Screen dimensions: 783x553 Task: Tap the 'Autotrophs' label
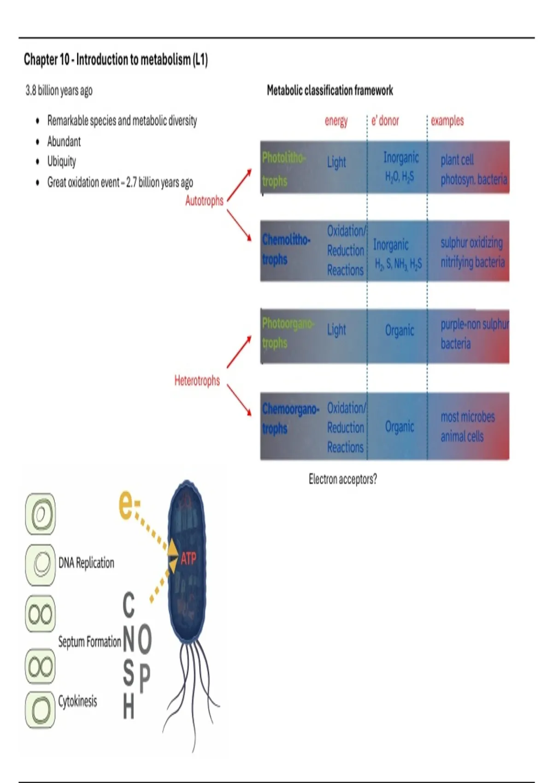coord(204,201)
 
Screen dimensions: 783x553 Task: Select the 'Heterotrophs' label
coord(197,381)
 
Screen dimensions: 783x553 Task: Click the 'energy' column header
coord(336,121)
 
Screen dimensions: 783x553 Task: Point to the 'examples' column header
coord(447,121)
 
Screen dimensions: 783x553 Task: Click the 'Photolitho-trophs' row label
coord(282,169)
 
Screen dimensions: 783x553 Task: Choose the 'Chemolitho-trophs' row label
coord(286,249)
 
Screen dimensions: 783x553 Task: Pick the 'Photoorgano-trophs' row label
coord(287,333)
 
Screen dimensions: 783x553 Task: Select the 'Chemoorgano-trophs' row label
coord(290,418)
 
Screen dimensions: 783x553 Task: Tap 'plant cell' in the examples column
coord(457,160)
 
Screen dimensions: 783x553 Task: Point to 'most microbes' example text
coord(467,417)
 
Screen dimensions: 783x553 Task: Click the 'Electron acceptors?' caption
coord(342,479)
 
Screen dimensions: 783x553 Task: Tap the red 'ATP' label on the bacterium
coord(188,559)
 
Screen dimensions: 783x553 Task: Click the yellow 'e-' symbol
coord(129,505)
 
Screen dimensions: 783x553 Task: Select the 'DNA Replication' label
coord(86,563)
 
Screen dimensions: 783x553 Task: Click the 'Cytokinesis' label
coord(77,701)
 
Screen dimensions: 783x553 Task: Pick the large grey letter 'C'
coord(129,605)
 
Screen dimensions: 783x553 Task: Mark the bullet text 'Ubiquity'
coord(62,162)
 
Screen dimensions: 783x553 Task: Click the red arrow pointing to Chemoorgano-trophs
coord(239,399)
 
